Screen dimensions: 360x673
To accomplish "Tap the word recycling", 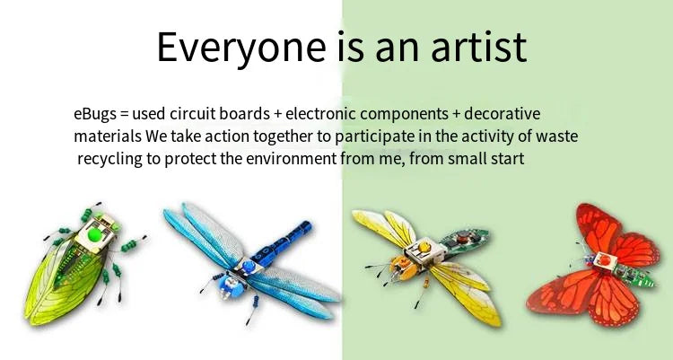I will click(x=110, y=159).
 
